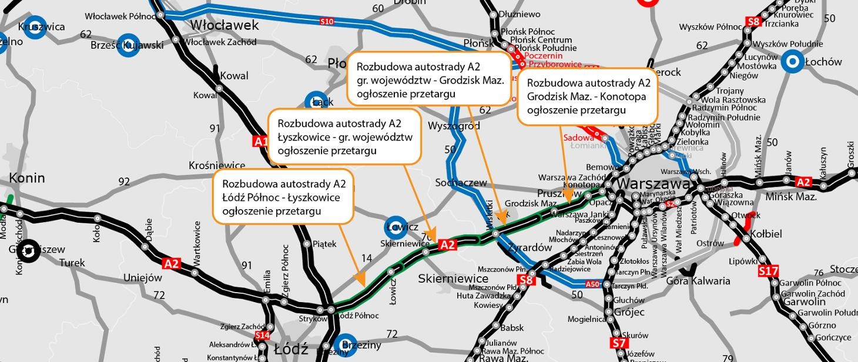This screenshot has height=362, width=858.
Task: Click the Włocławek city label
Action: pos(224,25)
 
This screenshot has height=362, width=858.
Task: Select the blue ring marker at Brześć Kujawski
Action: pos(128,45)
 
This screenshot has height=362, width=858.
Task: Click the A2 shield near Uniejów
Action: pos(172,264)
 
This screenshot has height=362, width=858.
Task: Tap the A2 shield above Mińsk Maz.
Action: pos(803,182)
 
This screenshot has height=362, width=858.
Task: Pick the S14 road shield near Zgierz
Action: pos(262,336)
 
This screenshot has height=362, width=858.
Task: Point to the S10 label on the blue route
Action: pos(327,22)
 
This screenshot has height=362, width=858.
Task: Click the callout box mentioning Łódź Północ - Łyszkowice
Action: pos(283,197)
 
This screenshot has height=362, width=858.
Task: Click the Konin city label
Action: pos(27,177)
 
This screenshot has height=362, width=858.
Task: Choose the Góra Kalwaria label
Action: pos(698,281)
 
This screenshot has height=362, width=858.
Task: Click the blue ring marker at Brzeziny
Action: pos(344,346)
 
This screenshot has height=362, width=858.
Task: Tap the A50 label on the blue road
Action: pos(592,284)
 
